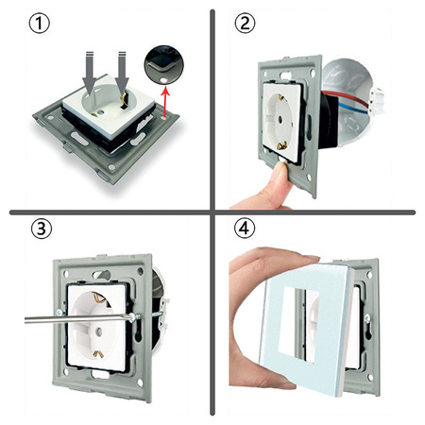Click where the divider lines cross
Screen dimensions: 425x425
[x=212, y=210]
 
